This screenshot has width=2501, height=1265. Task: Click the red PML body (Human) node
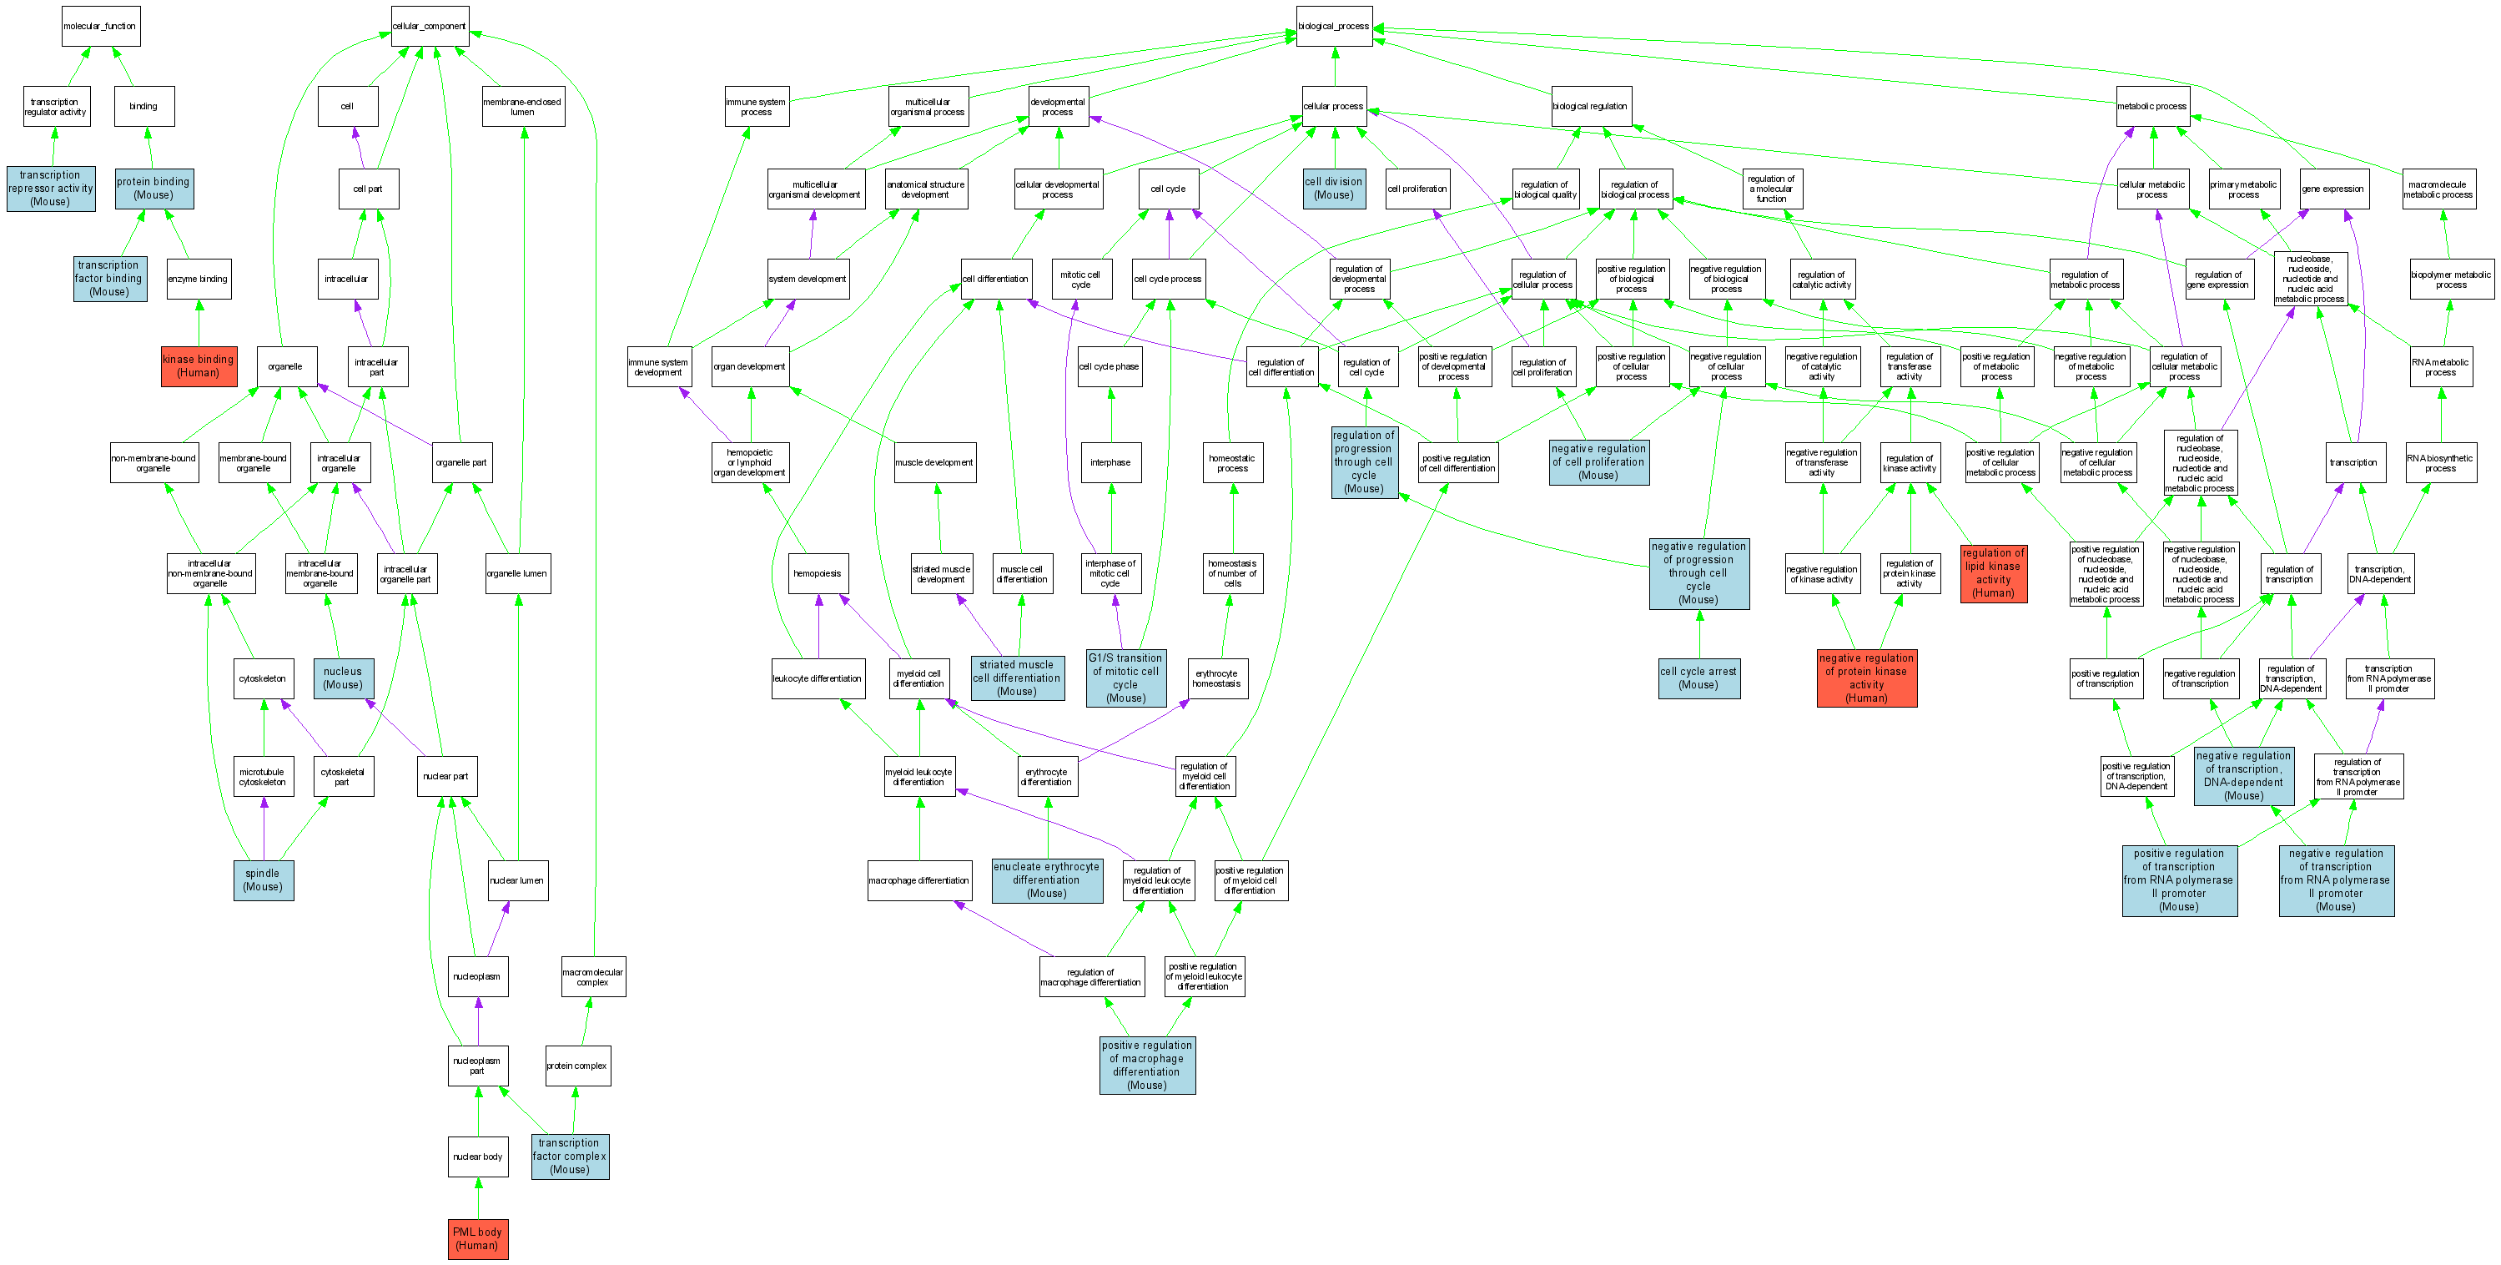pyautogui.click(x=478, y=1237)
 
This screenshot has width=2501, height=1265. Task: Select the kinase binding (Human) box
pyautogui.click(x=199, y=365)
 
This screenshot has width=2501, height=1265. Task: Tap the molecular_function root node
pyautogui.click(x=101, y=26)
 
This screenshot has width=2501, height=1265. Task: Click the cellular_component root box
pyautogui.click(x=429, y=26)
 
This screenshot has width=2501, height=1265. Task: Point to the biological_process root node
pyautogui.click(x=1334, y=26)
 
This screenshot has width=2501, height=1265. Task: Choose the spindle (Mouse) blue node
pyautogui.click(x=263, y=879)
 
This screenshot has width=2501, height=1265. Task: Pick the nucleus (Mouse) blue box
pyautogui.click(x=343, y=678)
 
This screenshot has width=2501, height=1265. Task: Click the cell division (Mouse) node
pyautogui.click(x=1334, y=189)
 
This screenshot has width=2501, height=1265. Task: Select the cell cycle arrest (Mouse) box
pyautogui.click(x=1698, y=678)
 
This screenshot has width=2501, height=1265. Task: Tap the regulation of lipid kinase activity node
pyautogui.click(x=1993, y=572)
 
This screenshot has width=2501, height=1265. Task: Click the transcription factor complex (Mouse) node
pyautogui.click(x=570, y=1157)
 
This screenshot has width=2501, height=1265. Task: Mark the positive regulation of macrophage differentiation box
pyautogui.click(x=1146, y=1065)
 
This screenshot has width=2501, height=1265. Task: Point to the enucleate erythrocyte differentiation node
pyautogui.click(x=1047, y=879)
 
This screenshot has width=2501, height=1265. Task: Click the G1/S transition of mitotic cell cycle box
pyautogui.click(x=1125, y=678)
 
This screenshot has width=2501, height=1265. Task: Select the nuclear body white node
pyautogui.click(x=478, y=1157)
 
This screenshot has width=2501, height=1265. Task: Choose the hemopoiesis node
pyautogui.click(x=818, y=572)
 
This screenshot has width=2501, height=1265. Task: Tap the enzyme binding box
pyautogui.click(x=198, y=279)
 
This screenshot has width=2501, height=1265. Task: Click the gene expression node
pyautogui.click(x=2333, y=189)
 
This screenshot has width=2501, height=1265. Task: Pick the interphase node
pyautogui.click(x=1110, y=462)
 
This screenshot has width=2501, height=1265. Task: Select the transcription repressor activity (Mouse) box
pyautogui.click(x=51, y=189)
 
